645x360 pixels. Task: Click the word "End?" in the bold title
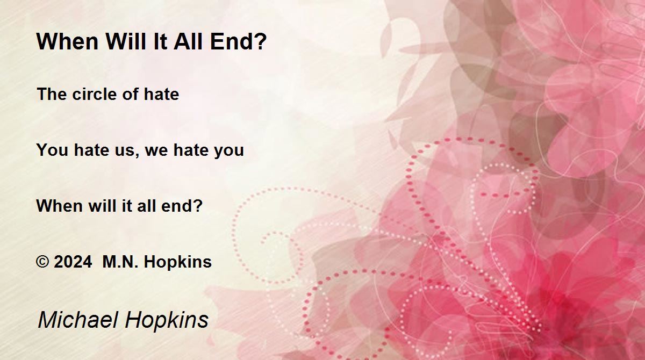tap(239, 41)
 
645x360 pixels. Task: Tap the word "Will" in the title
tap(126, 41)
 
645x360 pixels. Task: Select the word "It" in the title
tap(160, 41)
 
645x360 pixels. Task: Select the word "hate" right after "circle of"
tap(161, 94)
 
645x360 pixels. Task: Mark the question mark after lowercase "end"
tap(198, 206)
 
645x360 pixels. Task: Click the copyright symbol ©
tap(42, 262)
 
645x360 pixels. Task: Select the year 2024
tap(73, 262)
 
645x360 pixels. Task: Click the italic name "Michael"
tap(78, 320)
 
